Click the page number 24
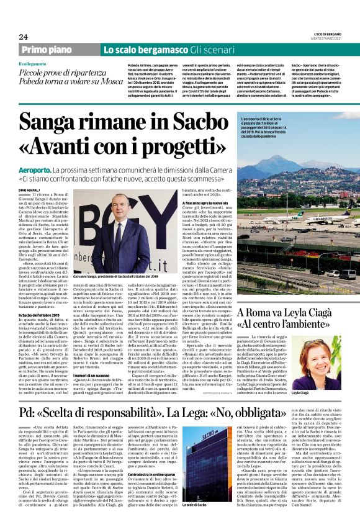click(24, 36)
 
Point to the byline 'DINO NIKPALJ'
click(29, 189)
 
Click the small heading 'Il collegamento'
click(32, 64)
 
